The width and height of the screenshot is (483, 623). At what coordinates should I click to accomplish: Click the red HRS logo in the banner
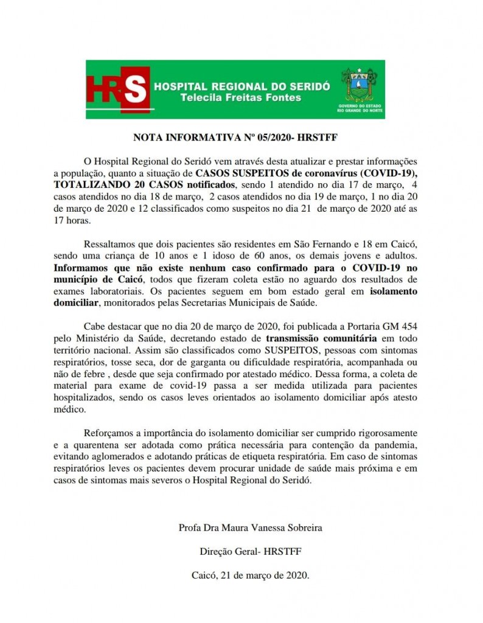(x=117, y=90)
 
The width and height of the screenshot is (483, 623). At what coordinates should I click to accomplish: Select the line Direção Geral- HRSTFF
(x=251, y=551)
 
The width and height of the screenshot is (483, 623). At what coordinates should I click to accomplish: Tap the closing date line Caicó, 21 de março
(x=251, y=574)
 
